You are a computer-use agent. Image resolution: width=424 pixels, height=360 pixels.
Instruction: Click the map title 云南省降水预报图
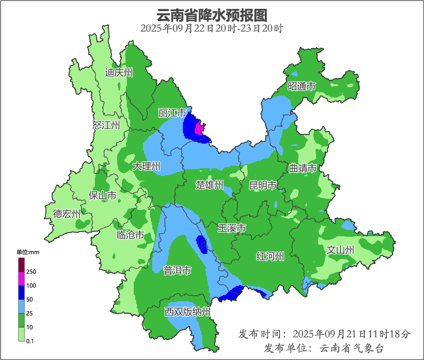pyautogui.click(x=212, y=15)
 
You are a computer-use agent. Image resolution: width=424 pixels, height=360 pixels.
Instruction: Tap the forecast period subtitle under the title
pyautogui.click(x=212, y=28)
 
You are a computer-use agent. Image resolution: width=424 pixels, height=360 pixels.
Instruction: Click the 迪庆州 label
pyautogui.click(x=119, y=72)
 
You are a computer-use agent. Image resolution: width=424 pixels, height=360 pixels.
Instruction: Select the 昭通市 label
pyautogui.click(x=301, y=86)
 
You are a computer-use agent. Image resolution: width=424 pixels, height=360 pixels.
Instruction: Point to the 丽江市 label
pyautogui.click(x=172, y=114)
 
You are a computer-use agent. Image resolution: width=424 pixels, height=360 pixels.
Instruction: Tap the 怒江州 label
pyautogui.click(x=106, y=125)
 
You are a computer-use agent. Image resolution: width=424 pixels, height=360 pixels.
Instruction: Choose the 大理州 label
pyautogui.click(x=146, y=166)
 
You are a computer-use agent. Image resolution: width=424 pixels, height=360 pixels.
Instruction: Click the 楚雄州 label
pyautogui.click(x=210, y=185)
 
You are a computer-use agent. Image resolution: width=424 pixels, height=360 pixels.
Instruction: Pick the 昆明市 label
pyautogui.click(x=262, y=186)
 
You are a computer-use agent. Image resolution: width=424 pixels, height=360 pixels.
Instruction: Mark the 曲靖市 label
pyautogui.click(x=303, y=168)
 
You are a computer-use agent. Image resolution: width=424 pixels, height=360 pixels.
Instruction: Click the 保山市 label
pyautogui.click(x=102, y=196)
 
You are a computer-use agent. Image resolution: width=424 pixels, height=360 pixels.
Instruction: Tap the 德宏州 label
pyautogui.click(x=67, y=214)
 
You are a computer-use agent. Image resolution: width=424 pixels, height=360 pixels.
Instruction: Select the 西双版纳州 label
pyautogui.click(x=187, y=312)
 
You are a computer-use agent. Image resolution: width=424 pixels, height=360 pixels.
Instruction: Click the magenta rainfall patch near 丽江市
pyautogui.click(x=200, y=127)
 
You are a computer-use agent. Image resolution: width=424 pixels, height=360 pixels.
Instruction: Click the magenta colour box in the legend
pyautogui.click(x=21, y=278)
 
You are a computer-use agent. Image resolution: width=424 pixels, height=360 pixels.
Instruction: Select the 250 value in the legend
pyautogui.click(x=31, y=272)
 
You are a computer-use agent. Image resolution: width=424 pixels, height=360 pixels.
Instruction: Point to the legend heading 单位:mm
pyautogui.click(x=28, y=252)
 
